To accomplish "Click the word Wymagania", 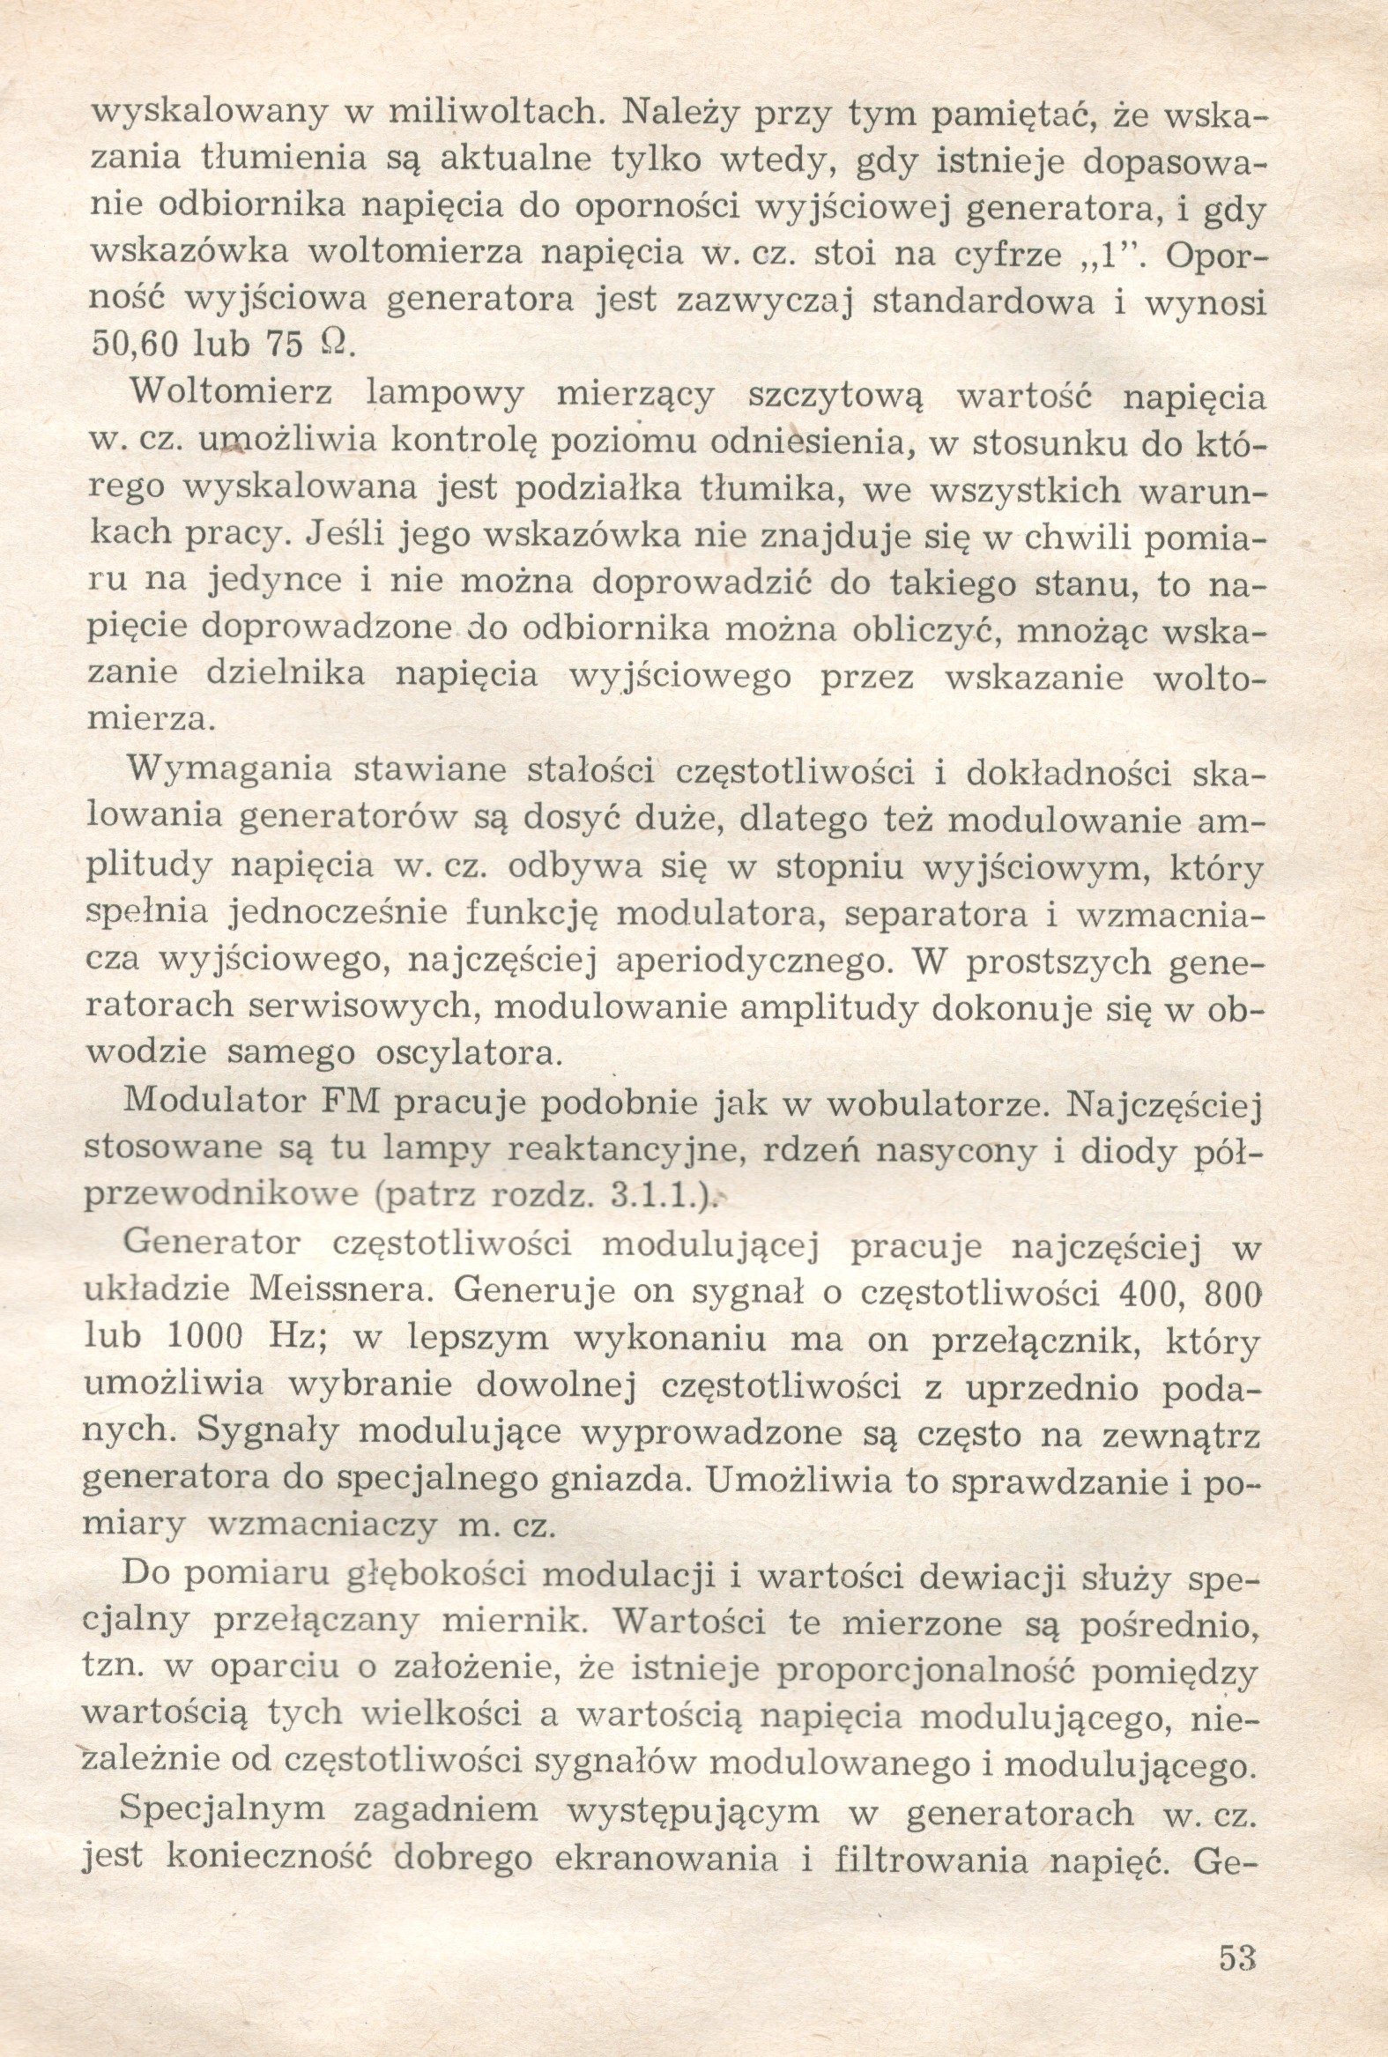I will [229, 770].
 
